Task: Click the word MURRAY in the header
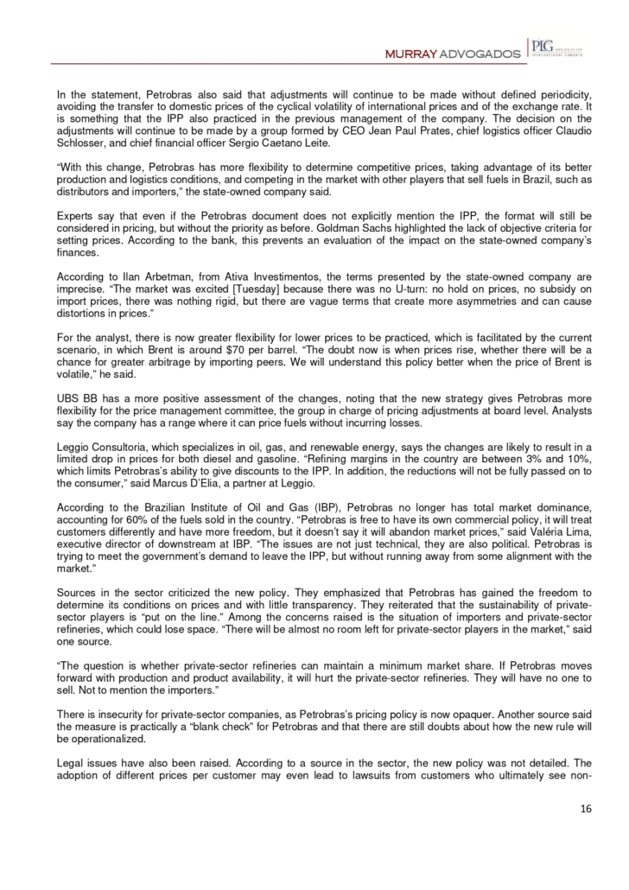click(x=408, y=54)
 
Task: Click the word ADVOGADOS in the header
click(x=475, y=54)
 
